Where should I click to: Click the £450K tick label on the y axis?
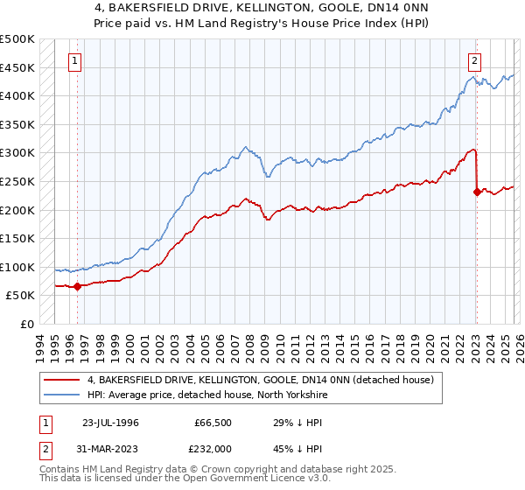[x=17, y=67]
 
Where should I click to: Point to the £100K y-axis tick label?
[x=17, y=267]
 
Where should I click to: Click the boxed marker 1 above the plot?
[x=76, y=61]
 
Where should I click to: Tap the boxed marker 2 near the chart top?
[x=474, y=61]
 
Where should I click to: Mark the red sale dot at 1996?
[x=77, y=286]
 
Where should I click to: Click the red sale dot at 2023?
[x=477, y=192]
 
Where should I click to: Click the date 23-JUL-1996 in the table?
[x=111, y=422]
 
